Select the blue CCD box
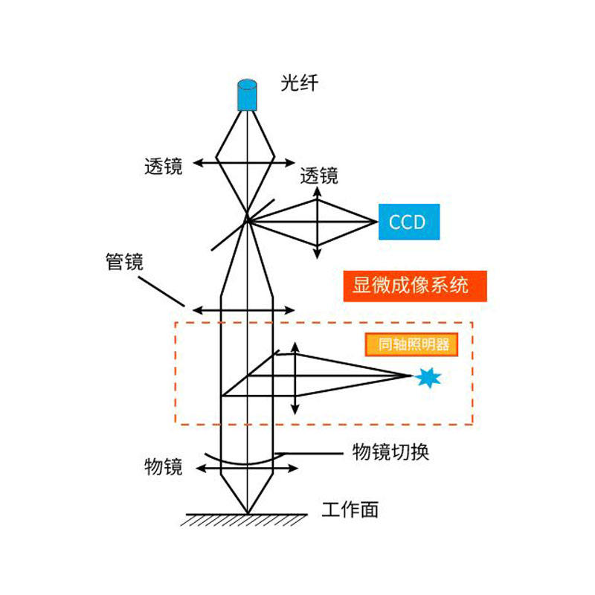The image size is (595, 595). (408, 222)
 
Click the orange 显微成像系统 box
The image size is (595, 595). (415, 286)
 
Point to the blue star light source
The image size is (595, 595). (427, 378)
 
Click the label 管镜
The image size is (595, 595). (124, 262)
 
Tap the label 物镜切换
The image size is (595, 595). (390, 451)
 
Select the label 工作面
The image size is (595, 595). (350, 509)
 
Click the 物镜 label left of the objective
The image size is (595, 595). (163, 467)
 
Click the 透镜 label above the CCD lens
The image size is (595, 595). (319, 176)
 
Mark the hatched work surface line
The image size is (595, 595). (245, 518)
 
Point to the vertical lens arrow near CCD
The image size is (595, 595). (318, 222)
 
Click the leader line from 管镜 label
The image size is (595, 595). (161, 292)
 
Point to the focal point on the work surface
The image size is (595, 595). (247, 512)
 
